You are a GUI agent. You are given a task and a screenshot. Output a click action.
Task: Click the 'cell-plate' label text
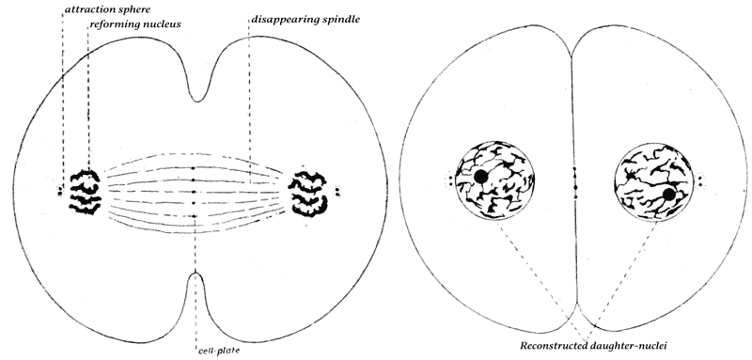tap(219, 350)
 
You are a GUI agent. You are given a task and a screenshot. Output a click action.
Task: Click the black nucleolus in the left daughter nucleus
tap(480, 177)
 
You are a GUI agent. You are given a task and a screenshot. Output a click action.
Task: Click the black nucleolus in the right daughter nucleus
tap(669, 195)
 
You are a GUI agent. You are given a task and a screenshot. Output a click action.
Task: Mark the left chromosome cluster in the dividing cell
tap(86, 191)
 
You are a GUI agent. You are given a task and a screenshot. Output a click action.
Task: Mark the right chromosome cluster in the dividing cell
tap(308, 194)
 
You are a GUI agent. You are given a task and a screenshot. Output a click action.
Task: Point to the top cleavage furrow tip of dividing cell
tap(196, 102)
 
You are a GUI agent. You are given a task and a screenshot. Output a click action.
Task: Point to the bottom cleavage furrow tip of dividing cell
tap(196, 273)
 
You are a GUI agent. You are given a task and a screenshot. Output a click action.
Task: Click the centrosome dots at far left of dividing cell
tap(60, 191)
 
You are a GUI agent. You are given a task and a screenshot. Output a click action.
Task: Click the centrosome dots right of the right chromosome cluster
tap(337, 192)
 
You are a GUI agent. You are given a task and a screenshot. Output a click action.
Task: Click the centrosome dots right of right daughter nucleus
tap(700, 181)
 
